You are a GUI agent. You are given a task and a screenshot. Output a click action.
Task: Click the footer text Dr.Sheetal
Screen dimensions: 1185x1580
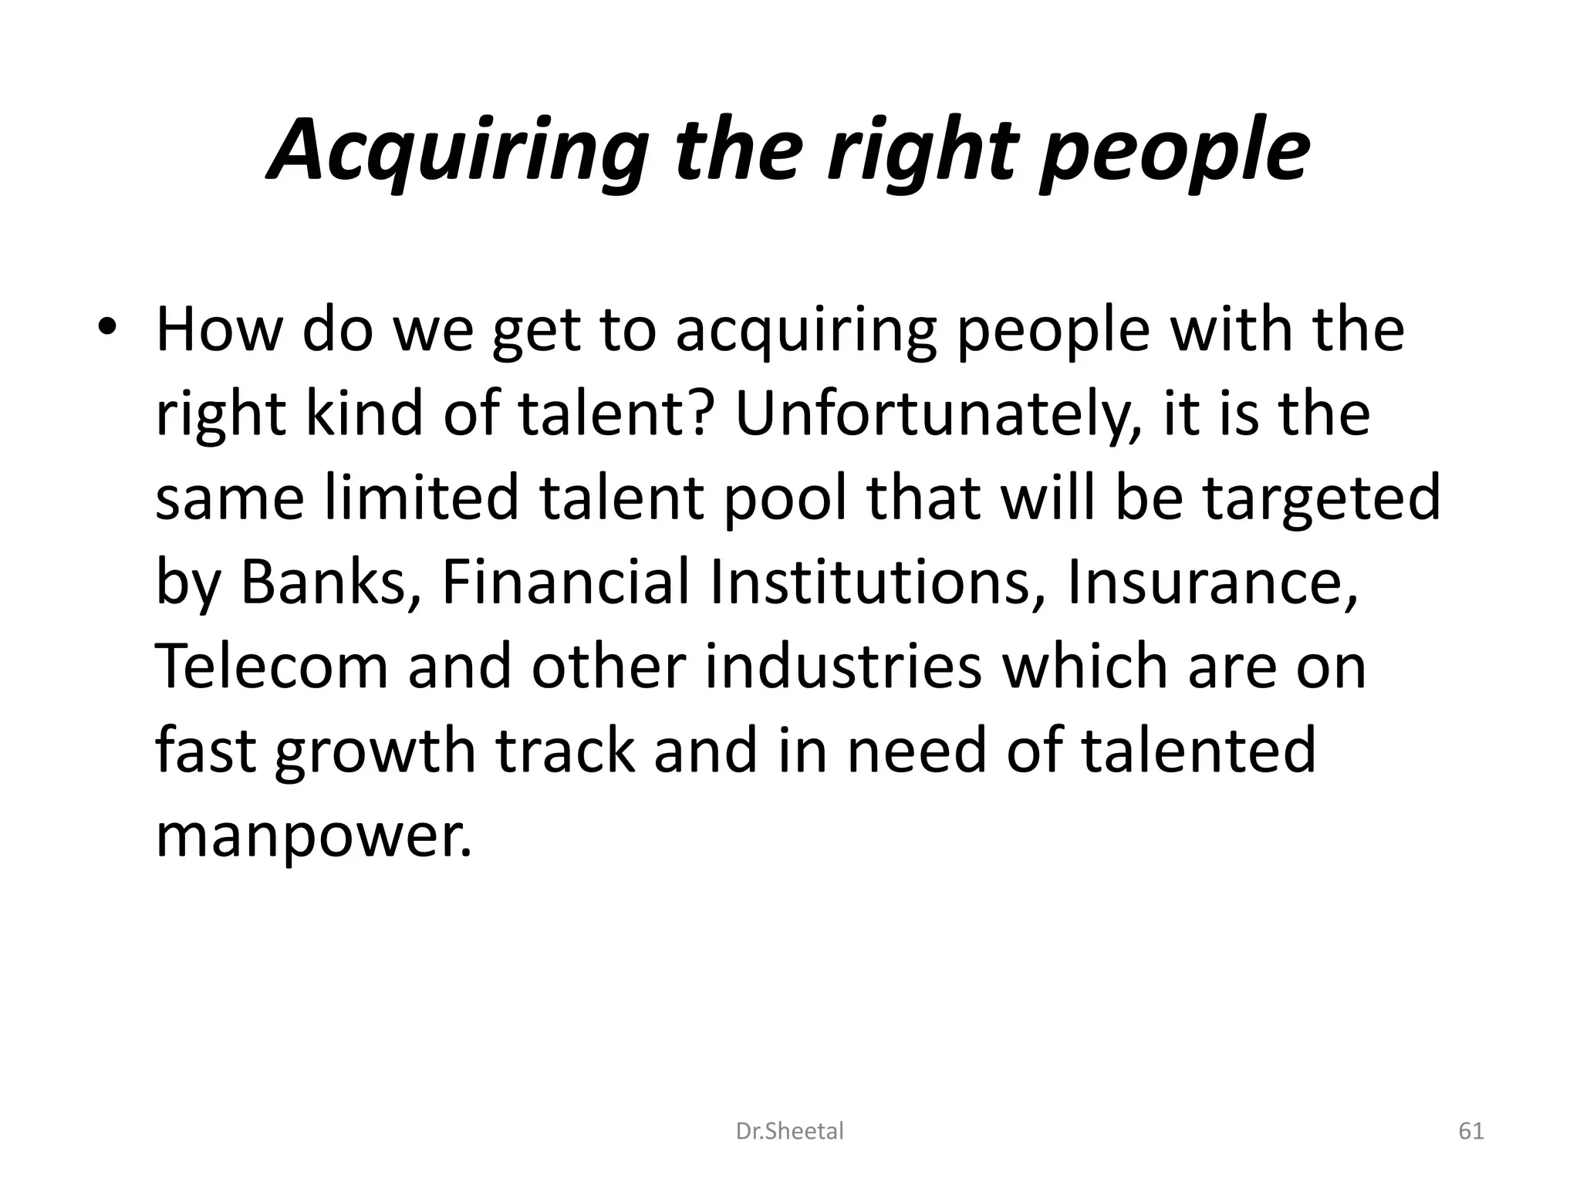[x=790, y=1131]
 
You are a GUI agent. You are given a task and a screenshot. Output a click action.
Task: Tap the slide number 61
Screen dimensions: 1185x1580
[x=1471, y=1131]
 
